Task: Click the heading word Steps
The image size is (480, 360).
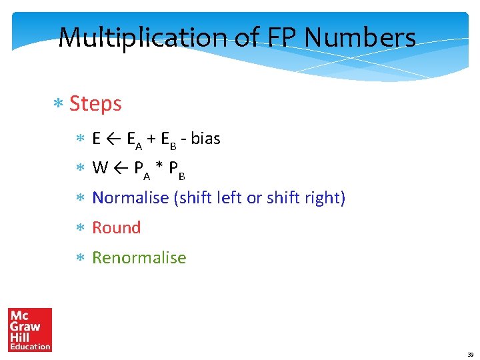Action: coord(95,104)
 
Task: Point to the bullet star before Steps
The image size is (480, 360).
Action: coord(58,105)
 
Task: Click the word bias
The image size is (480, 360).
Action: coord(205,139)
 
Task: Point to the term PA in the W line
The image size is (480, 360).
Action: coord(143,169)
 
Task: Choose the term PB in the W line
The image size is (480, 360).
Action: coord(177,169)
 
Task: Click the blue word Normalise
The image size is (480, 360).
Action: coord(130,198)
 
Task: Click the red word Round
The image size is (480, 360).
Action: coord(117,227)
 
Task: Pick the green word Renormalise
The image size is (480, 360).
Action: coord(139,257)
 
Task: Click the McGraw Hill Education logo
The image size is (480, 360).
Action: coord(30,329)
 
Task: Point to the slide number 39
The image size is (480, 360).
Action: coord(469,354)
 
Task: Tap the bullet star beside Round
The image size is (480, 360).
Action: coord(79,228)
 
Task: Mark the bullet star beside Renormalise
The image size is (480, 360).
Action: coord(79,258)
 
